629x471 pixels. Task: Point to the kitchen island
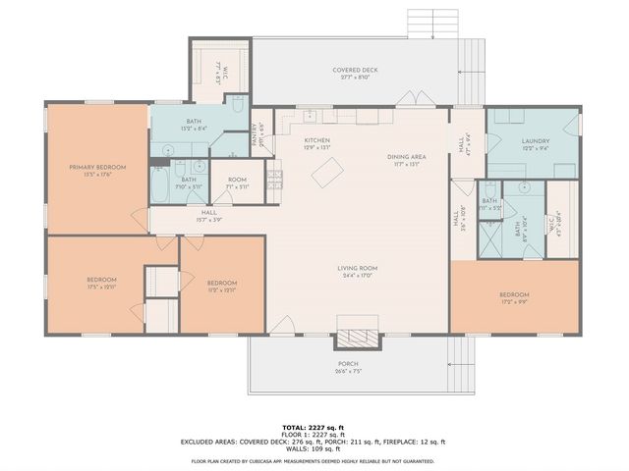(x=325, y=174)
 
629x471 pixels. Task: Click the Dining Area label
(x=406, y=160)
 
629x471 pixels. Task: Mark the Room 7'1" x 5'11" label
(x=237, y=183)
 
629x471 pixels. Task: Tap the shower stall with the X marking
(x=488, y=236)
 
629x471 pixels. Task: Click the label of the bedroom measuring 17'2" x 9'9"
(x=514, y=297)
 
